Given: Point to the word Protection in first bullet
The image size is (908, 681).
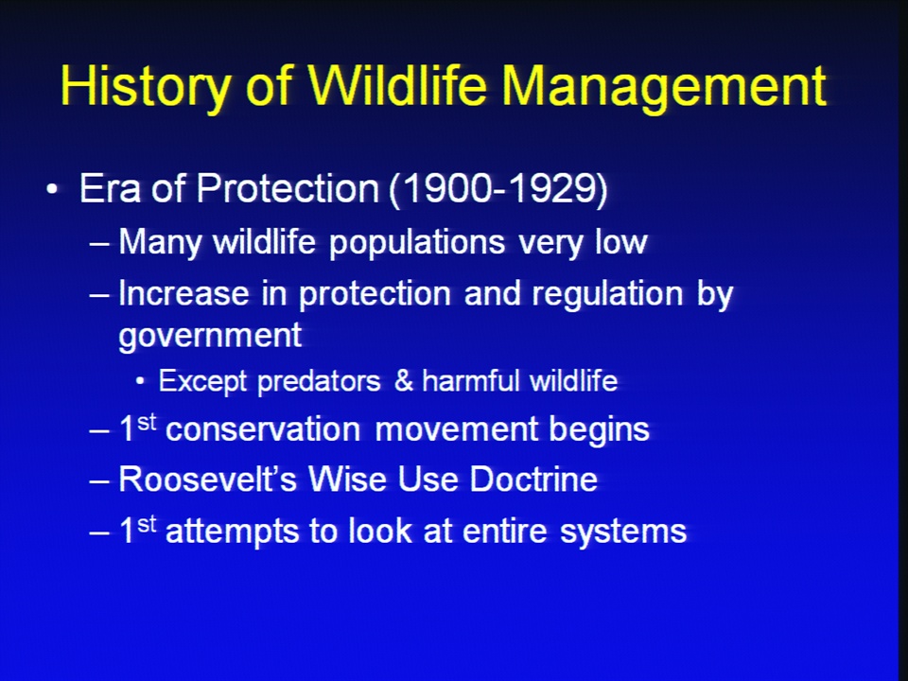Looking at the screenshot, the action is (x=288, y=188).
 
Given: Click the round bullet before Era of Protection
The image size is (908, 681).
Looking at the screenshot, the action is (x=52, y=189).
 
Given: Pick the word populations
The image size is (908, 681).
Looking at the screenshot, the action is (x=417, y=243).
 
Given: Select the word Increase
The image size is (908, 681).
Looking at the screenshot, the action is (x=183, y=293).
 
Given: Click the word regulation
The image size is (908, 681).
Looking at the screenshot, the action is (x=607, y=294).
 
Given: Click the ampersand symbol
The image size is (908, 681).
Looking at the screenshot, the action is (x=403, y=381).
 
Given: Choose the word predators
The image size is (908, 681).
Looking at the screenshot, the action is (x=319, y=381).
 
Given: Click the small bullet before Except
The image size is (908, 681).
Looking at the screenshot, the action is (x=140, y=381).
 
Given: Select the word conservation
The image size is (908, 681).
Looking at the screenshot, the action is (x=263, y=429).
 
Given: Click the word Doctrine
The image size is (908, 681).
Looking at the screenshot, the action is (x=533, y=480).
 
